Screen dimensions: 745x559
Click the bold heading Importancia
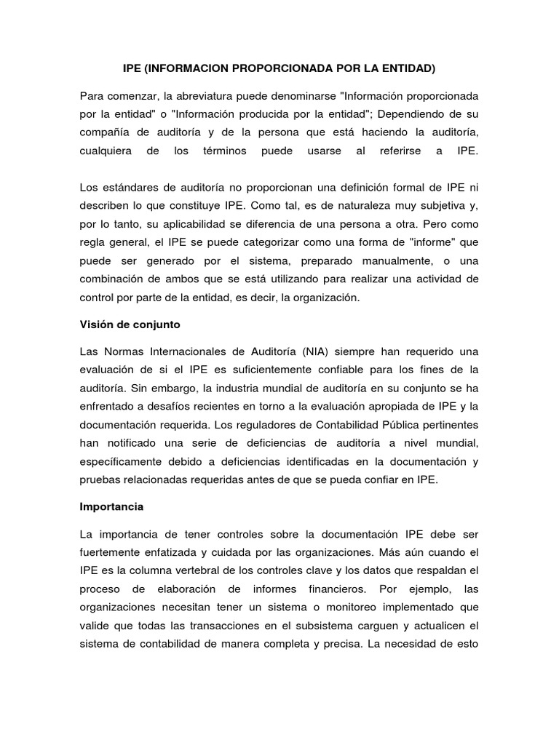coord(111,506)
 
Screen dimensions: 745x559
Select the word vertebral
coord(186,570)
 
